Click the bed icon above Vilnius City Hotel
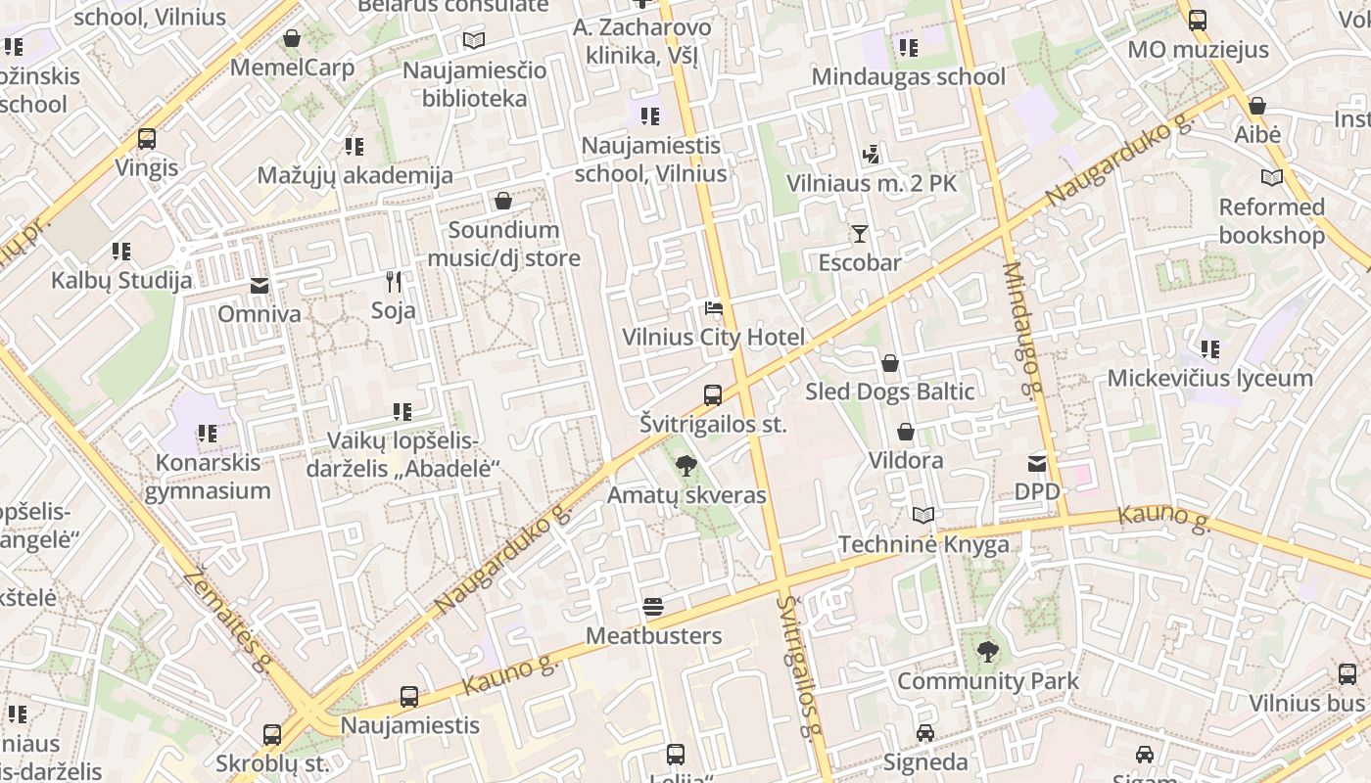pos(714,309)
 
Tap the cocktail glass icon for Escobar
pos(860,234)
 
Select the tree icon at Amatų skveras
pos(686,466)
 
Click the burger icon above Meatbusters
pos(653,608)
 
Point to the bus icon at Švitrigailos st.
pos(713,395)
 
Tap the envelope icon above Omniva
pos(260,286)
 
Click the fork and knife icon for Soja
pos(394,283)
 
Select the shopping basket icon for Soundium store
pos(503,202)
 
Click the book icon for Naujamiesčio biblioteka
pos(474,40)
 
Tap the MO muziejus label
pos(1198,50)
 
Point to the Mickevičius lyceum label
pos(1209,379)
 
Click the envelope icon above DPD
pos(1037,463)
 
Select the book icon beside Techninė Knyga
pos(923,515)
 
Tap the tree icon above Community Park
pos(988,651)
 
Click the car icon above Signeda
pos(925,733)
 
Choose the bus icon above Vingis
pos(147,139)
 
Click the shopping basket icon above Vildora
pos(906,432)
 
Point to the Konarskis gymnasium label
pos(208,477)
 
